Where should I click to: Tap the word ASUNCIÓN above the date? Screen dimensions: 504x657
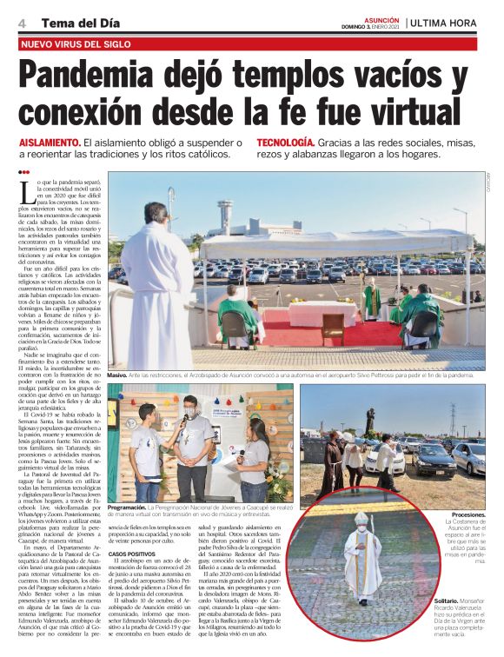click(381, 17)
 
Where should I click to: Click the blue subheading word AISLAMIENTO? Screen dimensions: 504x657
click(50, 143)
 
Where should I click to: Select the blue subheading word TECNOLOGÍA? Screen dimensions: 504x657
click(285, 143)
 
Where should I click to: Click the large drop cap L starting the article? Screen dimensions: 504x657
click(25, 190)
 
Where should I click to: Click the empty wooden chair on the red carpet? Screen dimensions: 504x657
click(333, 328)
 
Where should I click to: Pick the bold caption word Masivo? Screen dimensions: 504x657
click(117, 375)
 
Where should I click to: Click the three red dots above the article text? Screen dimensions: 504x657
click(23, 173)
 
